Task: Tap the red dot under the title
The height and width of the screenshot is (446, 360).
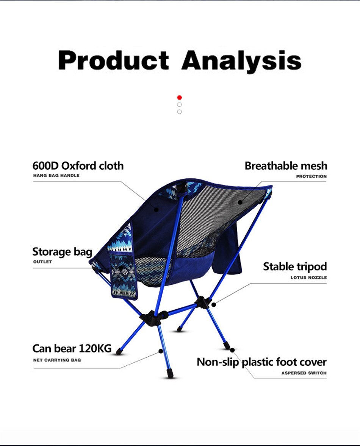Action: [180, 97]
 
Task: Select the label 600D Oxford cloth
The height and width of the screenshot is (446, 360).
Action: [78, 166]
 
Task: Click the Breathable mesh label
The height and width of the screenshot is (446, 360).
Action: [286, 166]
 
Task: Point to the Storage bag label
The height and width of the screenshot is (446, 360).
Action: [62, 252]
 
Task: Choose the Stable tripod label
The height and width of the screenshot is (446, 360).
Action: [295, 267]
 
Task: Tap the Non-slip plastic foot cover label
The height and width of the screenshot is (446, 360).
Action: [261, 362]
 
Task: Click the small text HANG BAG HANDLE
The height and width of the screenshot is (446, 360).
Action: [56, 176]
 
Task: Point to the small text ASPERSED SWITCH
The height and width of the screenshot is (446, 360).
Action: [304, 373]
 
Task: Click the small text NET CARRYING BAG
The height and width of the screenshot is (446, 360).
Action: [57, 360]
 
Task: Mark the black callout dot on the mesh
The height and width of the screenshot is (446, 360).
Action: [240, 202]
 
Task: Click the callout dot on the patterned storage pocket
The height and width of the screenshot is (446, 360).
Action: [121, 268]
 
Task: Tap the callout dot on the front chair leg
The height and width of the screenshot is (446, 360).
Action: [161, 351]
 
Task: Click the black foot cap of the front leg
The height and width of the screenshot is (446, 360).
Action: [170, 374]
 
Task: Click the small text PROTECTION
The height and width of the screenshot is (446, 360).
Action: [311, 176]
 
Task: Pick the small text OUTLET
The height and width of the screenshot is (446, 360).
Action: [42, 262]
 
